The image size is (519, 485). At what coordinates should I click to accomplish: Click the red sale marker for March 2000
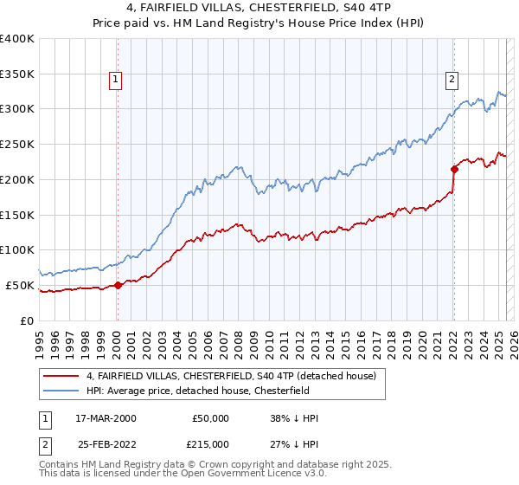tap(118, 285)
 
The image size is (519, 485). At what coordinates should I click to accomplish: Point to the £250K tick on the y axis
tap(17, 144)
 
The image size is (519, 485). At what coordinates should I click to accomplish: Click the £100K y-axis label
tap(17, 249)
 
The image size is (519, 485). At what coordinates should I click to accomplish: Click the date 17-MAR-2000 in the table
tap(106, 418)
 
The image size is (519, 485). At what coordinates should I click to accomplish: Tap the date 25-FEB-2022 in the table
tap(106, 444)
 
